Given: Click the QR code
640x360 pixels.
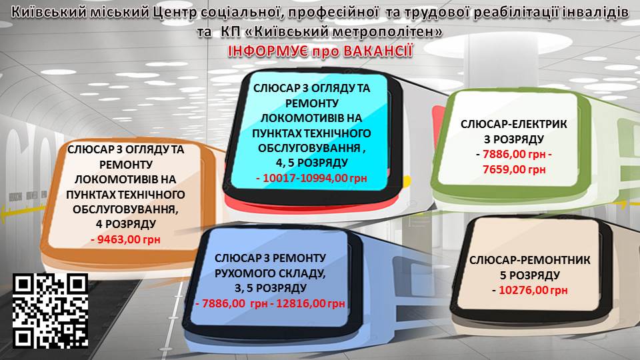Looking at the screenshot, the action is click(50, 311).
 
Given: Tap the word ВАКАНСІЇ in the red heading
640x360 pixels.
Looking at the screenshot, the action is click(378, 51).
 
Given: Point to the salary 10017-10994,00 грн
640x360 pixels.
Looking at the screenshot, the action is click(315, 179).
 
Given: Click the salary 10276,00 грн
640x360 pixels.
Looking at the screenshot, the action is click(533, 290).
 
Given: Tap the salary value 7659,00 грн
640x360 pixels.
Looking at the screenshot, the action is click(514, 169).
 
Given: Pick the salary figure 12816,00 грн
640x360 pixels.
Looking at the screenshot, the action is click(311, 303).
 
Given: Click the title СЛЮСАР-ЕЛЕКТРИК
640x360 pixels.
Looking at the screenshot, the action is click(514, 124).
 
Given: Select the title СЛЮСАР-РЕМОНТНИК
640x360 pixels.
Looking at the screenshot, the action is click(529, 260).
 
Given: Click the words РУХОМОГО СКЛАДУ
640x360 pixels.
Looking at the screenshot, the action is click(270, 273).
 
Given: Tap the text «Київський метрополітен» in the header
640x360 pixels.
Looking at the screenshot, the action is click(331, 31).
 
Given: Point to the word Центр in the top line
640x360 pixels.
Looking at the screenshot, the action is click(175, 12).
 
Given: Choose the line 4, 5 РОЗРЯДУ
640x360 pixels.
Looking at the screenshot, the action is click(312, 163).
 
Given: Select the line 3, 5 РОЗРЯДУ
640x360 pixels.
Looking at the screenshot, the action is click(270, 288).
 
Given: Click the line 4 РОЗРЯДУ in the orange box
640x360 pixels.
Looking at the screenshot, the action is click(126, 224).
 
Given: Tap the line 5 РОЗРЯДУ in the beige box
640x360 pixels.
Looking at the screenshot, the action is click(529, 275).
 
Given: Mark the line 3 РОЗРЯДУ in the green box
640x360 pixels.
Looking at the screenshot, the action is click(514, 139).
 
